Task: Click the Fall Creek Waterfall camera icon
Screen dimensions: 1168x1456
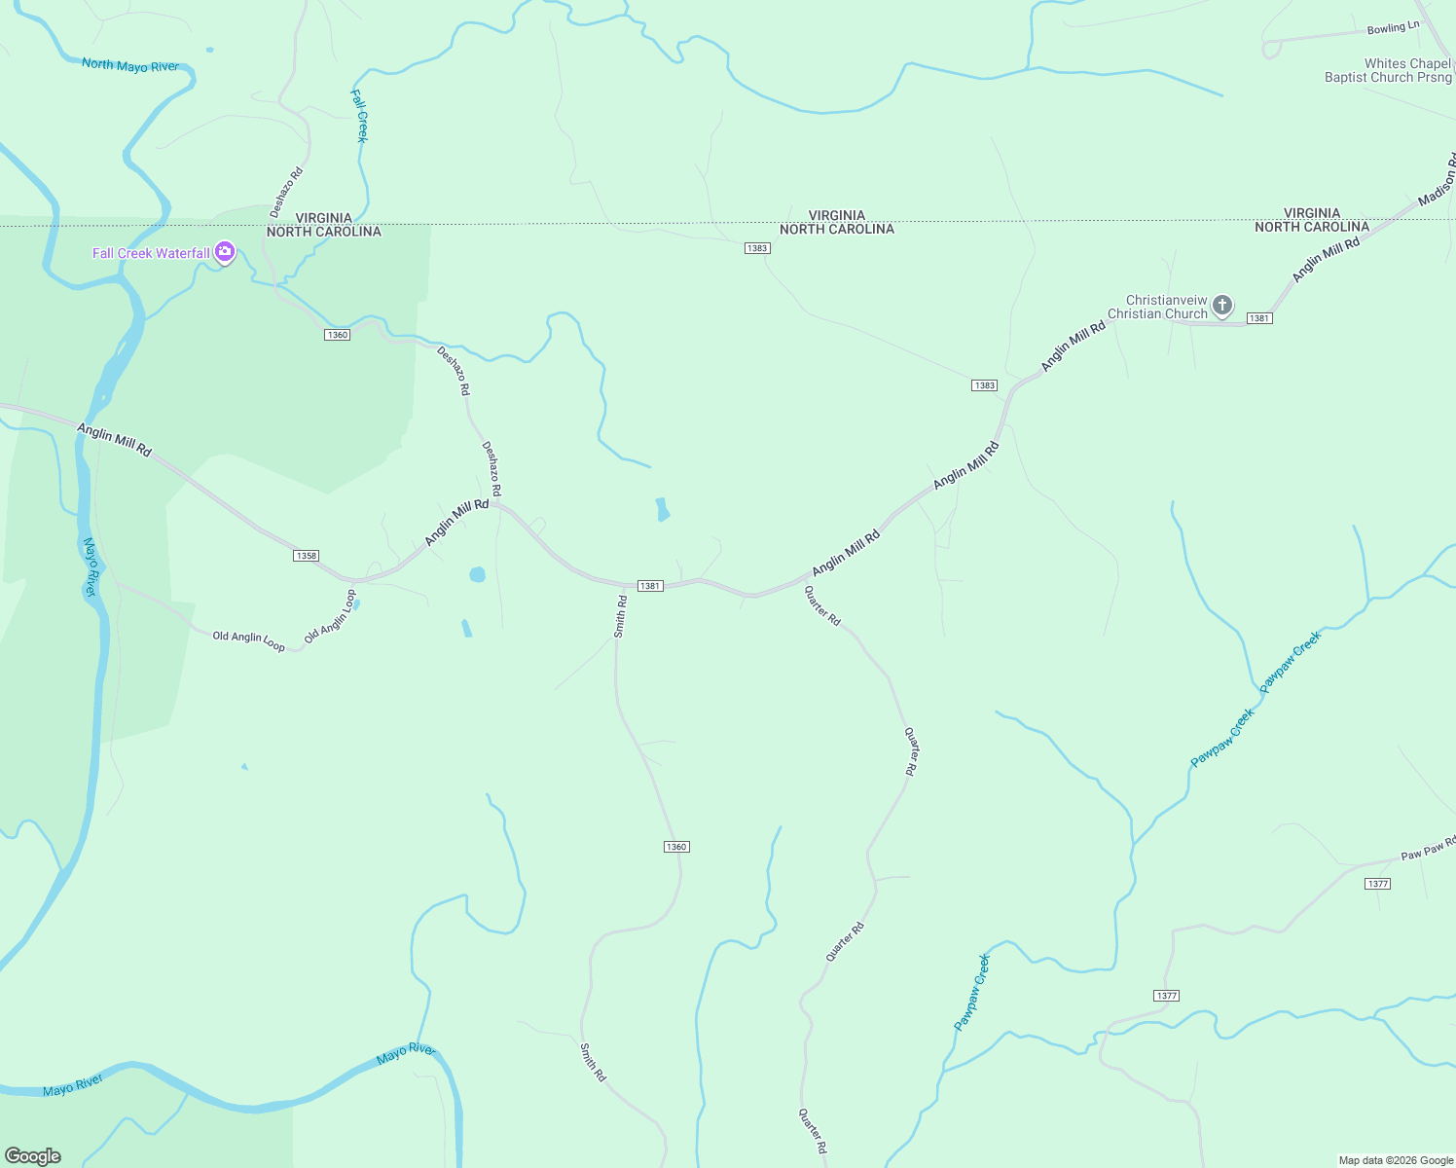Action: coord(225,253)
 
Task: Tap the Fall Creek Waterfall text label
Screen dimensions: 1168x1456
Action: coord(151,253)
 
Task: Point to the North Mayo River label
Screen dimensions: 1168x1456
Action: coord(130,65)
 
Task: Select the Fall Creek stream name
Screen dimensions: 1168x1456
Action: coord(359,116)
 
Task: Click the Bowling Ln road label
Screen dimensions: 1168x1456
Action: coord(1393,28)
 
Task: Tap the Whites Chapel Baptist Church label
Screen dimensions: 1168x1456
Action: coord(1388,70)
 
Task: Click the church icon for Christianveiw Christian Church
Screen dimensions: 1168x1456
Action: coord(1222,306)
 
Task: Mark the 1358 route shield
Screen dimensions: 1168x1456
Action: coord(306,556)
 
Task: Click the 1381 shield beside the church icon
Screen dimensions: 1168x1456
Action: coord(1259,318)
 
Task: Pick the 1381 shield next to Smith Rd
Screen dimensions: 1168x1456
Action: coord(650,586)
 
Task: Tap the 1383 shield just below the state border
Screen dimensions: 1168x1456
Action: coord(757,248)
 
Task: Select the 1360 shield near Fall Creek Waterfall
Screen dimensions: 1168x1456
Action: coord(337,335)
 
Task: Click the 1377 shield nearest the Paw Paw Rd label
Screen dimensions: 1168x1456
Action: coord(1377,884)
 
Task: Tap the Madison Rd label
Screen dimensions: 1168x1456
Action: coord(1438,181)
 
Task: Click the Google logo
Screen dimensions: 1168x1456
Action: coord(33,1156)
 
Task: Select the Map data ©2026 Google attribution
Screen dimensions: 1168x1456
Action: coord(1395,1160)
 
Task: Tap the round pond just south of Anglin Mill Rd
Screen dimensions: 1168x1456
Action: coord(477,574)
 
